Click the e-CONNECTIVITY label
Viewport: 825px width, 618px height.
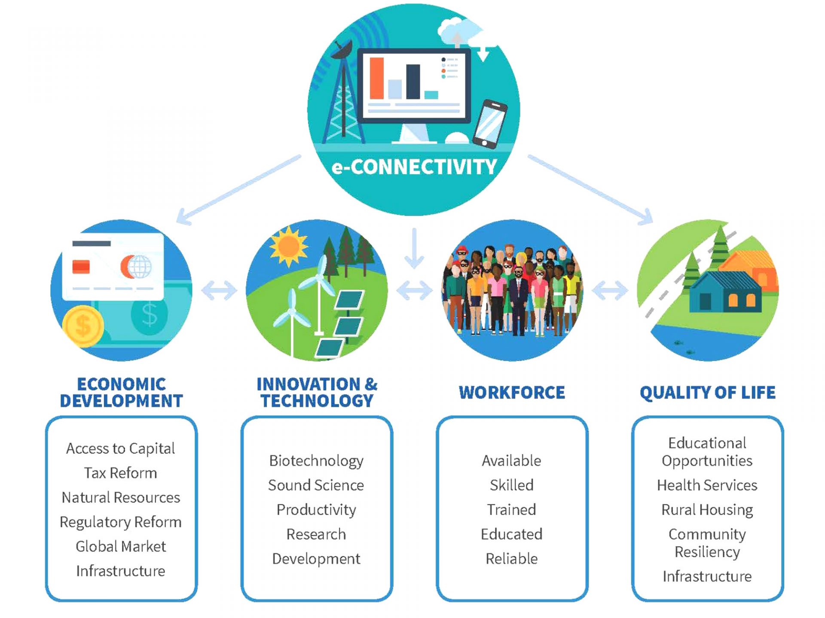[x=414, y=167]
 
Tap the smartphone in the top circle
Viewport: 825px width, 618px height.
[x=490, y=124]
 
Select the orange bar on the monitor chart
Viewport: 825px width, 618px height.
[x=376, y=78]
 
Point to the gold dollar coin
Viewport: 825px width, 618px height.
[x=83, y=326]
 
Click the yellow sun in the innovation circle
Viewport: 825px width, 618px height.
[x=288, y=246]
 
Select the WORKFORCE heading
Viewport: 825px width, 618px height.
[x=512, y=392]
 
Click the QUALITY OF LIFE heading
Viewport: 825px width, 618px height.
[x=707, y=393]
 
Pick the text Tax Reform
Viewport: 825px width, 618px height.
[x=121, y=473]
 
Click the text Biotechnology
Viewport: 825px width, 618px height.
[x=316, y=461]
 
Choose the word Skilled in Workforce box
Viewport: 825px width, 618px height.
[x=512, y=485]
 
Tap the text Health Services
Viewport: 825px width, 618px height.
[x=707, y=485]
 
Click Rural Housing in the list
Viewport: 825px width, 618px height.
[x=707, y=510]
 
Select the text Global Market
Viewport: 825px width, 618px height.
[x=121, y=546]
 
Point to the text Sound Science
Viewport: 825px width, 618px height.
[x=316, y=485]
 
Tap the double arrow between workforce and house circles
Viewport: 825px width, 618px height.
[x=610, y=291]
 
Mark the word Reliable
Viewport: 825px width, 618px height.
[x=512, y=559]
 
